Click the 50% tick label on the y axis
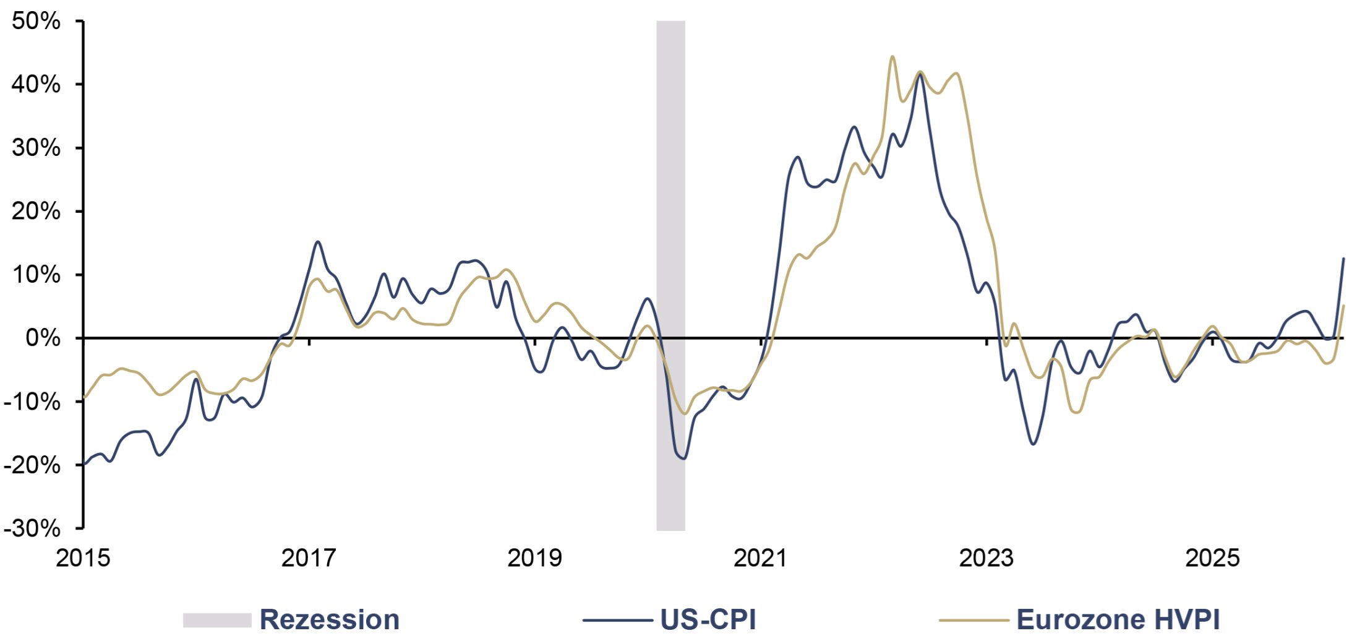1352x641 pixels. click(x=36, y=22)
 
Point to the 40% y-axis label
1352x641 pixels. click(x=36, y=85)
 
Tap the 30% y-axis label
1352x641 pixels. click(x=36, y=148)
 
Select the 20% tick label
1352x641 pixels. click(x=36, y=212)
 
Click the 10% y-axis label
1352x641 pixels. click(x=36, y=275)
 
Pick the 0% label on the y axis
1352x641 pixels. click(x=43, y=338)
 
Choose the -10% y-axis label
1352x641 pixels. click(x=32, y=402)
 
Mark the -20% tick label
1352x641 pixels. click(x=32, y=465)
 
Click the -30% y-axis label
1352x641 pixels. click(x=32, y=529)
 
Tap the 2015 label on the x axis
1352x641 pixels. click(x=83, y=558)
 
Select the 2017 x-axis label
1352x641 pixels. click(x=309, y=558)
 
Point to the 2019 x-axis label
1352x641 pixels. click(x=535, y=558)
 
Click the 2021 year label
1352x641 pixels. click(x=761, y=558)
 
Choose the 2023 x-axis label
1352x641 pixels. click(x=986, y=558)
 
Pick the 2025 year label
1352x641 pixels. click(x=1212, y=558)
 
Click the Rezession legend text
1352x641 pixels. click(x=330, y=620)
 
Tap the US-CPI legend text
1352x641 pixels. click(x=708, y=620)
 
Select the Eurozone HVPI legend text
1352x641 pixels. click(x=1118, y=620)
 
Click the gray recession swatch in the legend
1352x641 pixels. click(x=217, y=620)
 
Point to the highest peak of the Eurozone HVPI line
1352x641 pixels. click(x=892, y=57)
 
